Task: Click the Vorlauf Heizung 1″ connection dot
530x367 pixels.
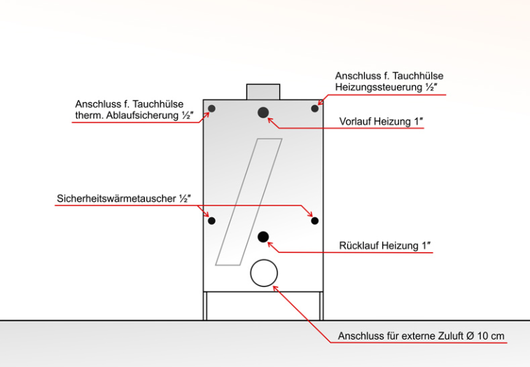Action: [x=263, y=113]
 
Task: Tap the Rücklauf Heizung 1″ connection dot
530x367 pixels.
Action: [x=263, y=237]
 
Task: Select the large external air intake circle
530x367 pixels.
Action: [x=264, y=273]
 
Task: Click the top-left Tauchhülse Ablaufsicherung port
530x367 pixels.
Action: [x=211, y=109]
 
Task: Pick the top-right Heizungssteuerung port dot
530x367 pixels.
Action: [x=314, y=109]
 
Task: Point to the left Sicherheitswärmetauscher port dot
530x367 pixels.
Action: [x=211, y=221]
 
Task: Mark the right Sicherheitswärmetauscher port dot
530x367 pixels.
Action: [x=314, y=221]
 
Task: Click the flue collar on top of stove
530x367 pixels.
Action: [x=263, y=92]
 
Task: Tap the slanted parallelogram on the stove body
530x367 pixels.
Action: [x=249, y=202]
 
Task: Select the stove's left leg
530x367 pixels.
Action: [x=205, y=306]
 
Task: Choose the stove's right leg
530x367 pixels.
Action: [x=321, y=306]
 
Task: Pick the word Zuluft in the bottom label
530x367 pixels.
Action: [x=452, y=336]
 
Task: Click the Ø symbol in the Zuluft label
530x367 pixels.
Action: [x=471, y=336]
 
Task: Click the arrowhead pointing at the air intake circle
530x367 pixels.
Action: [x=275, y=289]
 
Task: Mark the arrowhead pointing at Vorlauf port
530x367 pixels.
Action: [x=270, y=120]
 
